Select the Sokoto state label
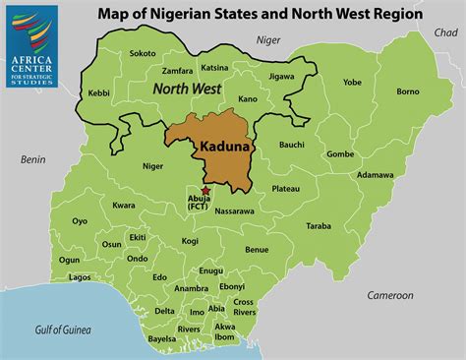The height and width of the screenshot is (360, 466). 143,52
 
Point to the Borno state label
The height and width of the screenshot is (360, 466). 407,90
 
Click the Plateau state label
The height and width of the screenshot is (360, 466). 285,188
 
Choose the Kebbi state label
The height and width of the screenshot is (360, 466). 99,92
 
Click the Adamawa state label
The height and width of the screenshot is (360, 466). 375,175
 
